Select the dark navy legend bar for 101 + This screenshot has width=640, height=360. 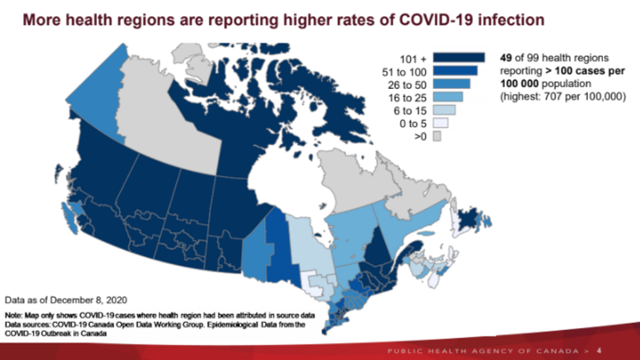(458, 57)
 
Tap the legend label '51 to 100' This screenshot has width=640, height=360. (404, 73)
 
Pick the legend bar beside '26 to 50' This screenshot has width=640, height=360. (451, 84)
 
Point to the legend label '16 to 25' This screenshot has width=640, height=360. (408, 98)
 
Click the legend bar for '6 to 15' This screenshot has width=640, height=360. (443, 110)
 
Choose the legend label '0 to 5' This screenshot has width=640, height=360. (411, 123)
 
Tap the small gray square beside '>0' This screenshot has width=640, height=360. (436, 136)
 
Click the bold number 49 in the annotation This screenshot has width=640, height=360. (506, 57)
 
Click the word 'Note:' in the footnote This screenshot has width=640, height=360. (14, 316)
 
